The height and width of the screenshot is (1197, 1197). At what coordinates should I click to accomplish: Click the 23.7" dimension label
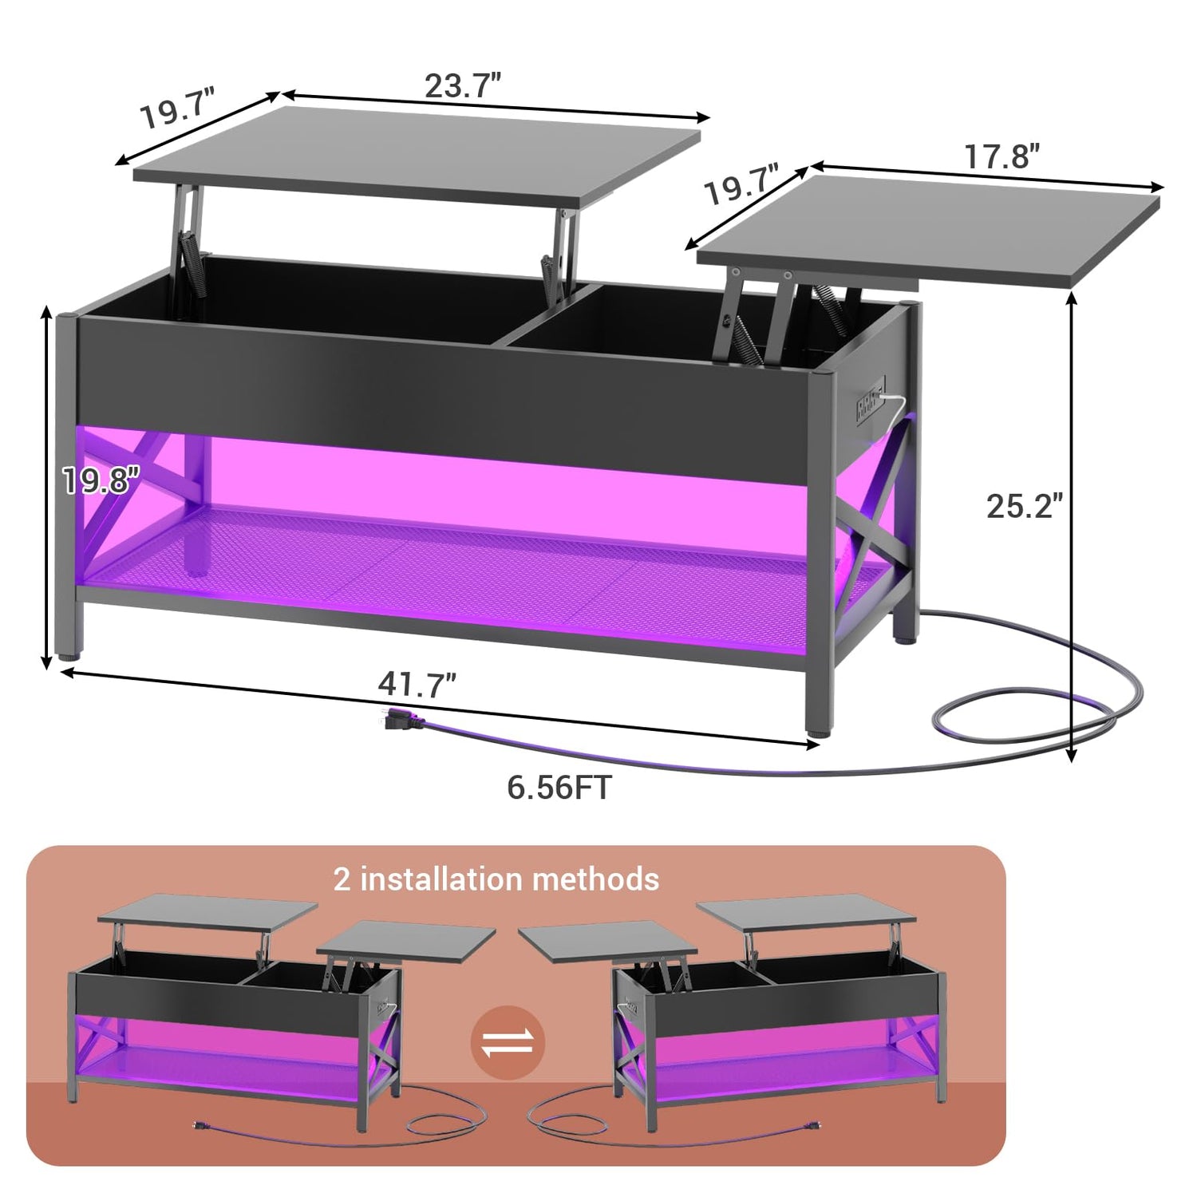(463, 85)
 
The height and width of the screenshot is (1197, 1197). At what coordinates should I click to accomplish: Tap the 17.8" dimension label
(1002, 156)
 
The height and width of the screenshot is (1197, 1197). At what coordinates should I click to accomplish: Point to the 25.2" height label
(1025, 506)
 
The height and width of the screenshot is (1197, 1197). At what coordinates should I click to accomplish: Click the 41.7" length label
(417, 685)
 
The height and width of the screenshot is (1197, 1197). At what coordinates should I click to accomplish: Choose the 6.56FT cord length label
(559, 788)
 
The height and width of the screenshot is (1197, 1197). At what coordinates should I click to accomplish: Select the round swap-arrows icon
(508, 1044)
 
